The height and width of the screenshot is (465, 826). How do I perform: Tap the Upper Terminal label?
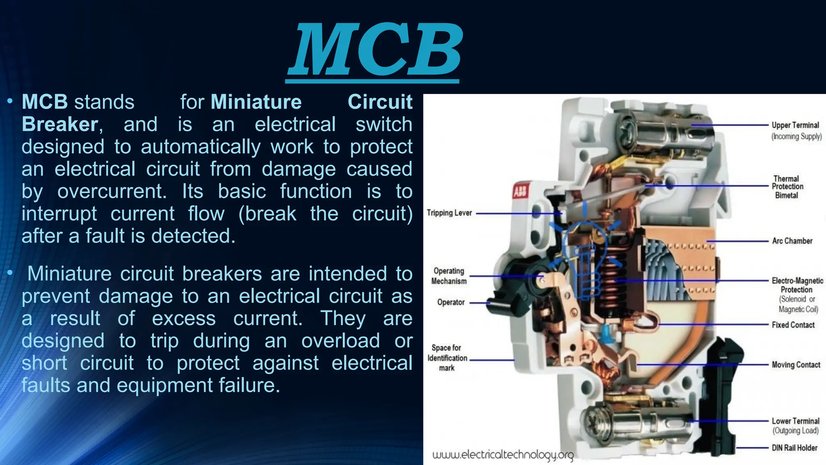(796, 126)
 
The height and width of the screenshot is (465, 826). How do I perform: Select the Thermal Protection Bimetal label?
(787, 187)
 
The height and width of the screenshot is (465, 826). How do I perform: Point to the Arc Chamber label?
(792, 241)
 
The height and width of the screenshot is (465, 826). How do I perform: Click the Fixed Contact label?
(793, 325)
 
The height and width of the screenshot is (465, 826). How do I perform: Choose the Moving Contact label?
(796, 365)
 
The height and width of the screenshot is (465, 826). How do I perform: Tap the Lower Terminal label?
(795, 421)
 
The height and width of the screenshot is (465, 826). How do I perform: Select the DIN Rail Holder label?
(795, 448)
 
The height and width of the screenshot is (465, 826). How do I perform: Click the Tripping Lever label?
(449, 213)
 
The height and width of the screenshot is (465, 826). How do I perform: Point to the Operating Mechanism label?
(449, 276)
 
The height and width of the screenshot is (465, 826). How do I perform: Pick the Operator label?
(451, 302)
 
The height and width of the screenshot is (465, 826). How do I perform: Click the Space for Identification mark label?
(447, 358)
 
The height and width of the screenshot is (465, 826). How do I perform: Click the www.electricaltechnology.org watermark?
(503, 455)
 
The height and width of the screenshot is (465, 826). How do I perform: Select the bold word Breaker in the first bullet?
(60, 124)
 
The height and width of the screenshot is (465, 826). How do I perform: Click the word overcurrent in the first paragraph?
(112, 191)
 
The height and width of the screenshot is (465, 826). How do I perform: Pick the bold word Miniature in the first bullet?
(256, 102)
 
